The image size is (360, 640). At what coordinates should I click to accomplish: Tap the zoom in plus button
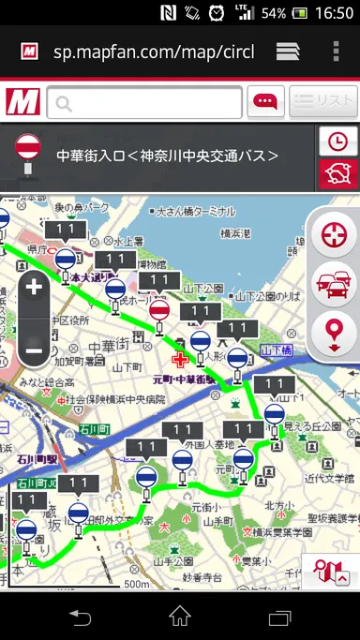tap(34, 287)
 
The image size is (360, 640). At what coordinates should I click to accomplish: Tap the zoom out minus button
tap(34, 350)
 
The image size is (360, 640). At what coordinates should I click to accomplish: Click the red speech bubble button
tap(265, 102)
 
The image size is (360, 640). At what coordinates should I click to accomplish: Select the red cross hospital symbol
tap(180, 360)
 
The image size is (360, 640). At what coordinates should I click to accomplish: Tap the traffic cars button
tap(334, 283)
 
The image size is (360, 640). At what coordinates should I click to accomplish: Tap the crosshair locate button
tap(334, 234)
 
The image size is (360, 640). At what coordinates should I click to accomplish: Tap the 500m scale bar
tap(131, 584)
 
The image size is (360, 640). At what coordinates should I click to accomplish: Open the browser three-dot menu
tap(337, 51)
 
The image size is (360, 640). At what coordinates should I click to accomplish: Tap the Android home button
tap(180, 616)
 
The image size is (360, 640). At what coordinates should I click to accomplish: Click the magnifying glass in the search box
tap(64, 102)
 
